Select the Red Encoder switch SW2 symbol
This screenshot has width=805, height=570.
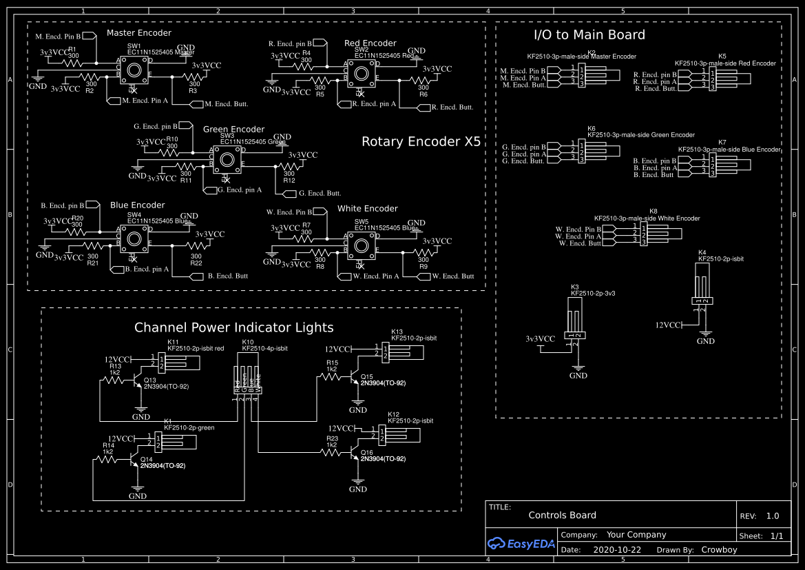360,72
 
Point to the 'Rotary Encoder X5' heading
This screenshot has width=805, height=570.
421,142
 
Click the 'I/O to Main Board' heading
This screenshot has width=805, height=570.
589,34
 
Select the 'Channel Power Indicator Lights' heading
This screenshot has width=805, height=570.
233,327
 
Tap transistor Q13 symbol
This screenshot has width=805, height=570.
137,384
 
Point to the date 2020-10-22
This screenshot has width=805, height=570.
617,550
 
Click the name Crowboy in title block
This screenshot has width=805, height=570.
719,550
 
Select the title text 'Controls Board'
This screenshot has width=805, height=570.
562,515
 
